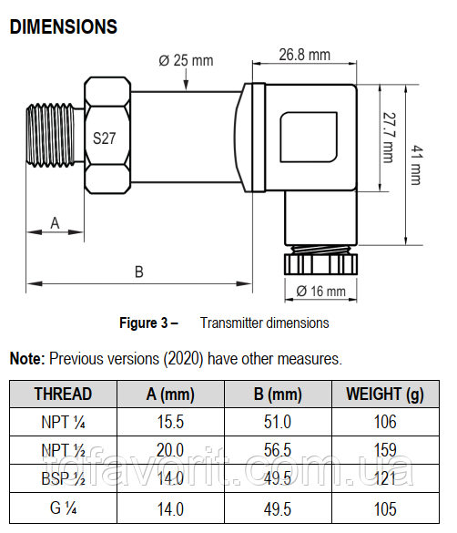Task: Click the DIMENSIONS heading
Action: coord(64,26)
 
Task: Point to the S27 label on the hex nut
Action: coord(104,138)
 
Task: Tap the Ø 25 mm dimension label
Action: coord(186,60)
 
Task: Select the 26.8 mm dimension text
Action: coord(305,55)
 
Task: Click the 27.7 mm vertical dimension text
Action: coord(389,138)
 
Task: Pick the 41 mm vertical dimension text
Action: coord(417,165)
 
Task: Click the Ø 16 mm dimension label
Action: coord(320,292)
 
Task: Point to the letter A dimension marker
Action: coord(55,223)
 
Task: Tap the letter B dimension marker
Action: coord(139,272)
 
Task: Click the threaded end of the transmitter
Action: coord(50,135)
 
